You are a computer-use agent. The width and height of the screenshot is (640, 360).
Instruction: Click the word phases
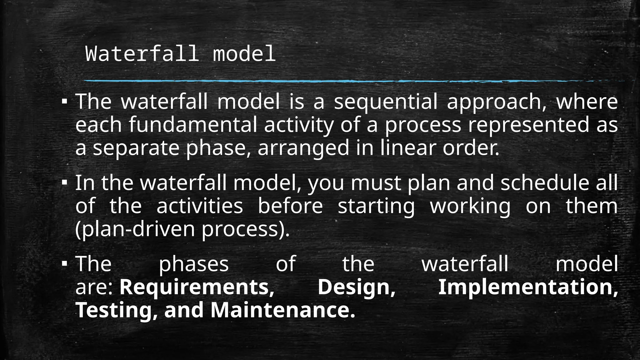(194, 264)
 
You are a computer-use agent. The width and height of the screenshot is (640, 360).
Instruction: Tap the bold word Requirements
(197, 287)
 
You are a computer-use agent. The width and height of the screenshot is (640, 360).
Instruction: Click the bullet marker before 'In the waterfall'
(64, 182)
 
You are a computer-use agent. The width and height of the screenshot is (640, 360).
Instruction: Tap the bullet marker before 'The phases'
(64, 263)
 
